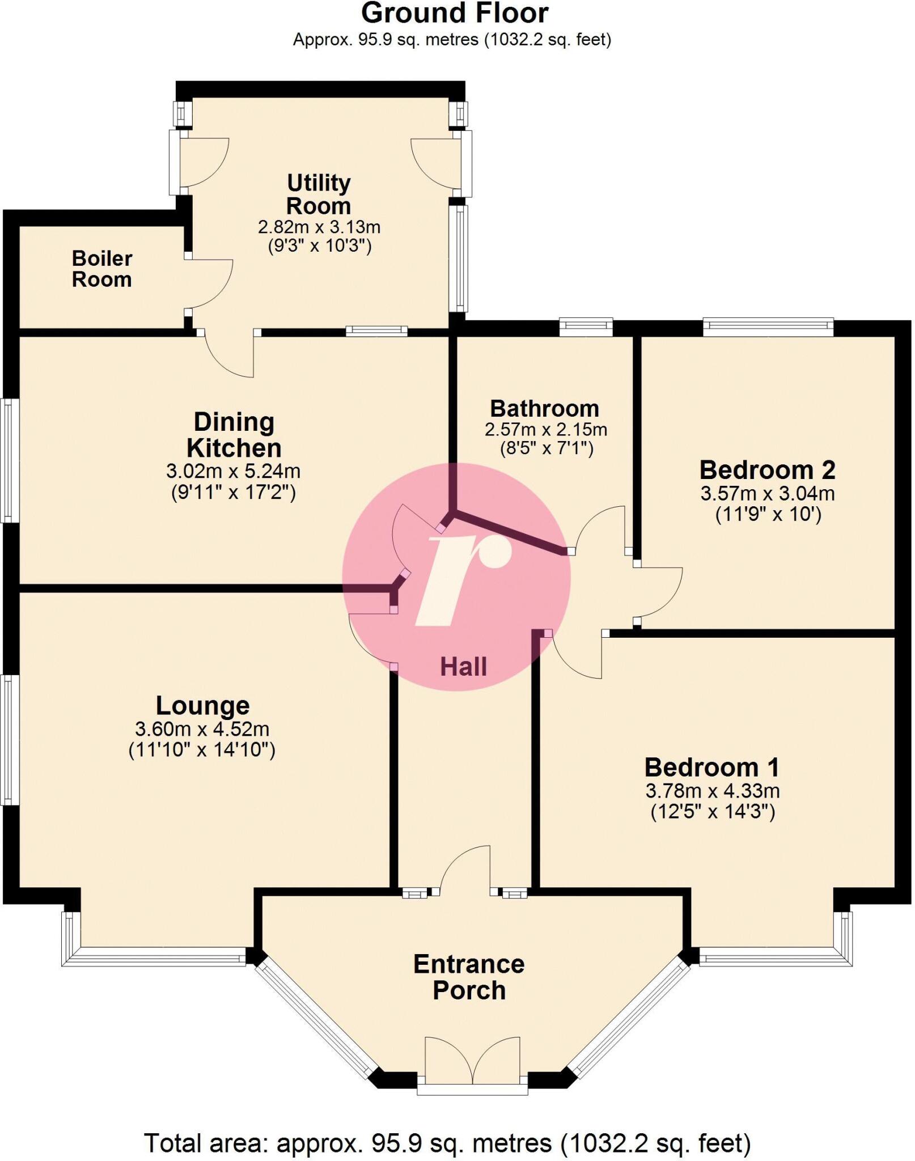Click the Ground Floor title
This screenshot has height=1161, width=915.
point(454,14)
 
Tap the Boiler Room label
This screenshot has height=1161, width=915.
point(102,269)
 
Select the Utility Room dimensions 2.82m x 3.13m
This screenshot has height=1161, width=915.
point(319,227)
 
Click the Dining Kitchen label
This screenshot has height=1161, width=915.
point(234,435)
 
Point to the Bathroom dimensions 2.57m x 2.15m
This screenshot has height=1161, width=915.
point(545,429)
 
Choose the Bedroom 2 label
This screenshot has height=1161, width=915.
point(767,470)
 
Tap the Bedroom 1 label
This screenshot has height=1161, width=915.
point(711,768)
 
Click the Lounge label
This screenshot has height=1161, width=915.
point(202,706)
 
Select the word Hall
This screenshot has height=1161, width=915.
point(463,667)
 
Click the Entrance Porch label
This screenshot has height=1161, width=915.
point(469,977)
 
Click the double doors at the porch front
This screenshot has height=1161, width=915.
point(472,1061)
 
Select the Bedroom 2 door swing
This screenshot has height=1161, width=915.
point(660,592)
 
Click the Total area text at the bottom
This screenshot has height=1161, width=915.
point(447,1143)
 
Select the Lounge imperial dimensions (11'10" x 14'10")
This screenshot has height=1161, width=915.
point(202,750)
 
